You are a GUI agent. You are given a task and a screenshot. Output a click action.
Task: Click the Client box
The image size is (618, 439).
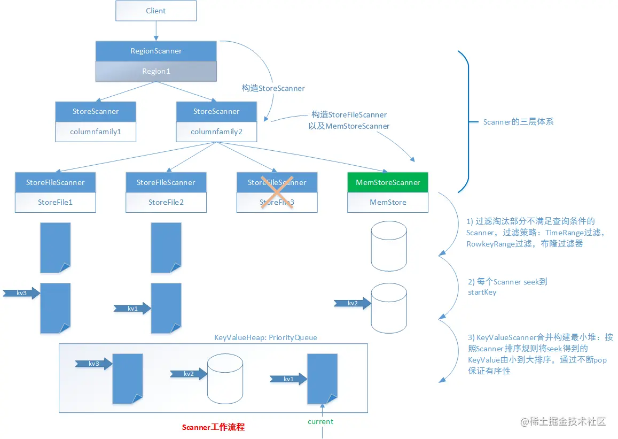(156, 11)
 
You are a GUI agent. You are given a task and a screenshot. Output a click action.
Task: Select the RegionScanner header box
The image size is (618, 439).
(156, 51)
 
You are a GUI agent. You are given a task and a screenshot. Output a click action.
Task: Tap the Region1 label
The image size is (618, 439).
(156, 71)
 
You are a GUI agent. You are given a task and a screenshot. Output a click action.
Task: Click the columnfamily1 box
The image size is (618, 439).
(96, 132)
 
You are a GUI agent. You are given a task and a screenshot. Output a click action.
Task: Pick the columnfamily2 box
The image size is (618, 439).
(216, 132)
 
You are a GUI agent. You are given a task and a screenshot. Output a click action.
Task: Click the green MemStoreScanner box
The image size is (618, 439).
(388, 182)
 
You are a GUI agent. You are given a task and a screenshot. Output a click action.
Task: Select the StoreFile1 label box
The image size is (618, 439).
(55, 202)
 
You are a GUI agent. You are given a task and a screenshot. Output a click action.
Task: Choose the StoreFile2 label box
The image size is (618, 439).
(166, 202)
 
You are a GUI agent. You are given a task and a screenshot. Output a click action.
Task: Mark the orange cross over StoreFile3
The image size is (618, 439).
(277, 192)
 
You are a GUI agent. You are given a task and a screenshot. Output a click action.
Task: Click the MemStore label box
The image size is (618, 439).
(388, 202)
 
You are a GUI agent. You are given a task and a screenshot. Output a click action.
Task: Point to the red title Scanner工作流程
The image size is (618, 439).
(213, 427)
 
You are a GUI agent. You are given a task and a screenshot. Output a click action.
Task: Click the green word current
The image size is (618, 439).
(320, 421)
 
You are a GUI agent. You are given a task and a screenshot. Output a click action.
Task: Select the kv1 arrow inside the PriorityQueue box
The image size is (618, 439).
(289, 379)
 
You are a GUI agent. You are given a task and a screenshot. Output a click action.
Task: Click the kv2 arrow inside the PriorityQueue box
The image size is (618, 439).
(189, 374)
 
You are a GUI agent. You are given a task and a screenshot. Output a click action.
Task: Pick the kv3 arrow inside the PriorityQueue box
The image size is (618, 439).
(94, 364)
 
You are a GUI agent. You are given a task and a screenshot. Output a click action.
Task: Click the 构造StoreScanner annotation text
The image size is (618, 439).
(273, 88)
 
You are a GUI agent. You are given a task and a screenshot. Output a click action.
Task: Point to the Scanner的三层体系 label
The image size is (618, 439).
(518, 122)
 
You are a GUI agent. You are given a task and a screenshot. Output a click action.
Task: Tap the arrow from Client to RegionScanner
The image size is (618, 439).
(156, 31)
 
